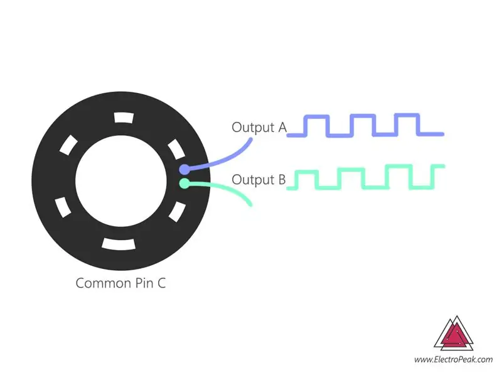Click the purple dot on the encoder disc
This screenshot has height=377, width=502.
point(184,169)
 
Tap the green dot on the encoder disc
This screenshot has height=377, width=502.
point(184,183)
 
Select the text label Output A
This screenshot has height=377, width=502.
point(259,128)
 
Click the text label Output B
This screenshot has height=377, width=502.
point(259,180)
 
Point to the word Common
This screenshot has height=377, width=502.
point(104,283)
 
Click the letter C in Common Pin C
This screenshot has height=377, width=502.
point(161,283)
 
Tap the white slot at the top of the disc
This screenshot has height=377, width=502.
point(124,117)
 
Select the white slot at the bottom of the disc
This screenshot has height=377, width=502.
point(119,244)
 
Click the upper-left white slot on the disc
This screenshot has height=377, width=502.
point(68,145)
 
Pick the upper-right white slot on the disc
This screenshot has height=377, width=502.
point(176,149)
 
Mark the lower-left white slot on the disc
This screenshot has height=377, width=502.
point(63,207)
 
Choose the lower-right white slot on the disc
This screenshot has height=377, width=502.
point(177,212)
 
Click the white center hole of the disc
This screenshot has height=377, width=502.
point(121,181)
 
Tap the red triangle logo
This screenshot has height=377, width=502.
point(454,334)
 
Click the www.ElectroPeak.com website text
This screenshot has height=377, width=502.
point(453,359)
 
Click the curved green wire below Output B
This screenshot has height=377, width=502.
point(224,188)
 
